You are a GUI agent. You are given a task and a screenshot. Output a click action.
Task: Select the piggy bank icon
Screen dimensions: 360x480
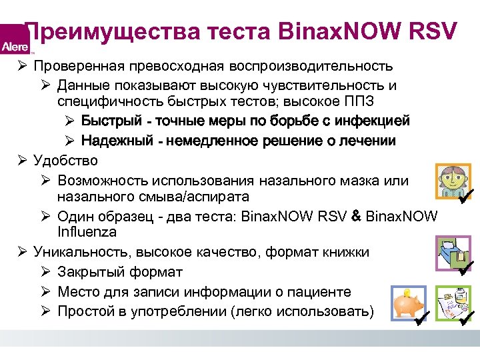(x=406, y=303)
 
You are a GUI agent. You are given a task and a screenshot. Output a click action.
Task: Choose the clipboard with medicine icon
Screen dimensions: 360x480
(x=453, y=304)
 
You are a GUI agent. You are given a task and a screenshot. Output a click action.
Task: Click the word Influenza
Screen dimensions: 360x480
(x=87, y=232)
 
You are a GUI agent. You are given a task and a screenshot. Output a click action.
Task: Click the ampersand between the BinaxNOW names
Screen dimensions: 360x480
(x=356, y=215)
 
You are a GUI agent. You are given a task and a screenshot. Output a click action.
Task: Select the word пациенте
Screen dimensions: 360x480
(x=325, y=292)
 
